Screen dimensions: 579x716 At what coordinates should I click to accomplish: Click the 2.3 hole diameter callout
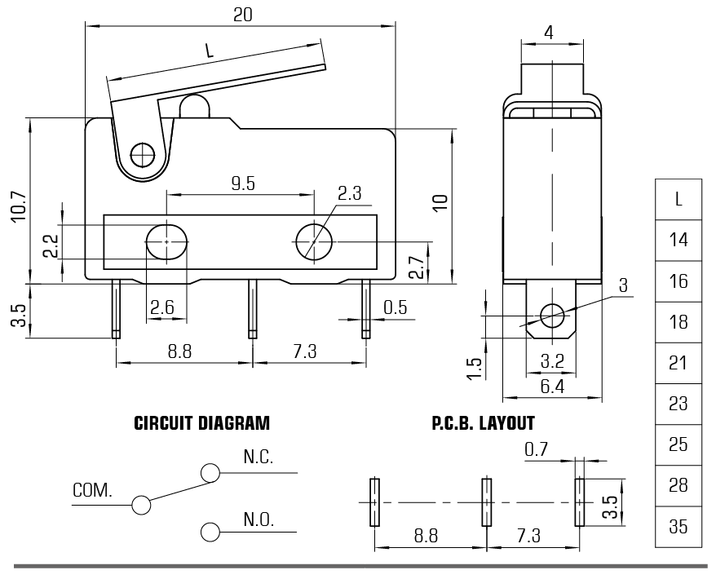350,193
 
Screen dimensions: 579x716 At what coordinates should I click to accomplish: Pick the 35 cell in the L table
678,526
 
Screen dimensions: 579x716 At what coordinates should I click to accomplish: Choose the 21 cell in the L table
678,363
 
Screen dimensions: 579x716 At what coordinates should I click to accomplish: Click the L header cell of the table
678,199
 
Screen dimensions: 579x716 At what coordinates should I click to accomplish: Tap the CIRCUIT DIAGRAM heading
201,424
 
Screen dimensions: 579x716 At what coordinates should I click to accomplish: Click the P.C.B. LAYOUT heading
483,424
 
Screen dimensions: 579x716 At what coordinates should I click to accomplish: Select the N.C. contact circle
210,472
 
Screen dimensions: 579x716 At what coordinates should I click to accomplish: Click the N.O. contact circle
210,532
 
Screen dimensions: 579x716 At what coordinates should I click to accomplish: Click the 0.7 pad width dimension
536,449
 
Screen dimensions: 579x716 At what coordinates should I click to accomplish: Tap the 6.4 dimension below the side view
553,386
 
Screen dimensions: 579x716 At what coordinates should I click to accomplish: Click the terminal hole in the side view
552,314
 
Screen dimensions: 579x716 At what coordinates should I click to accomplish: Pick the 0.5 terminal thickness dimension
396,307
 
